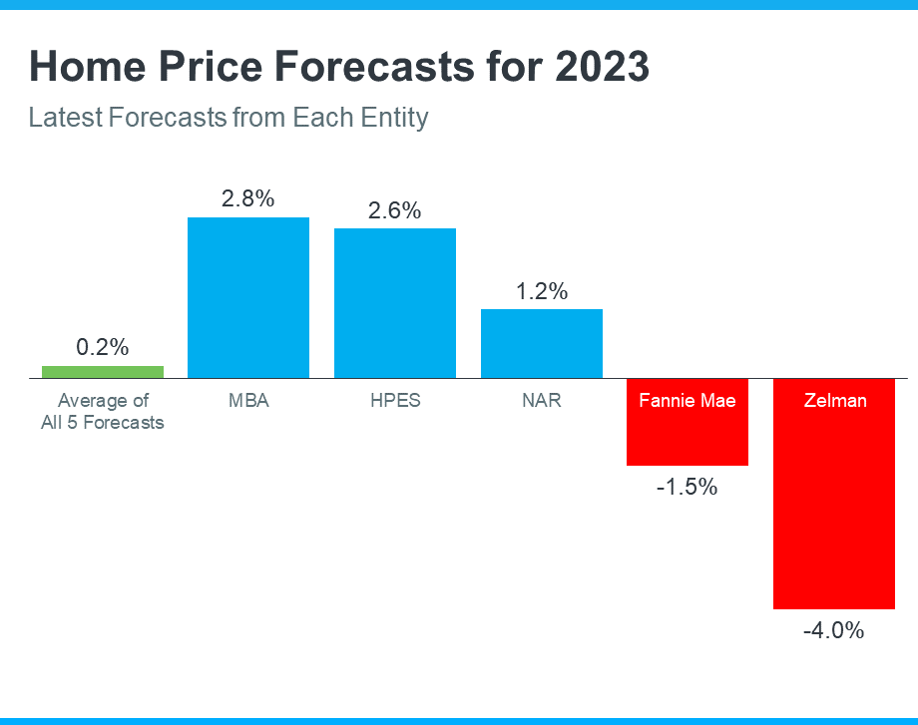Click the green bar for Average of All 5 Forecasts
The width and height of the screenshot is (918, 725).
[103, 372]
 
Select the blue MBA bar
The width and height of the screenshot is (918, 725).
[248, 297]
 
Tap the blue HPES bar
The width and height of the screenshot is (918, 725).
[395, 303]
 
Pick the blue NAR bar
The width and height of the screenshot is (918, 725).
[542, 343]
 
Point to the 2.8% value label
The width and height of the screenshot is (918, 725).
[248, 197]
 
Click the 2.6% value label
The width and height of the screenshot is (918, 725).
[395, 210]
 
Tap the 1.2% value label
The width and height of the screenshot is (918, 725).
[542, 291]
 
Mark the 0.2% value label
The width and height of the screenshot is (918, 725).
[103, 347]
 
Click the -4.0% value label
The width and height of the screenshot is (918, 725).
[834, 630]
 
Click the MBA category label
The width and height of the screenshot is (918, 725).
[248, 401]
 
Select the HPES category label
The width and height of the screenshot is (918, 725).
[395, 401]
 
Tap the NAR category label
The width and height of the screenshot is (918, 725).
[542, 401]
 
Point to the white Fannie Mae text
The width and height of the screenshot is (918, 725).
[688, 401]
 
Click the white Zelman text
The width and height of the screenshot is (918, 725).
[834, 401]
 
